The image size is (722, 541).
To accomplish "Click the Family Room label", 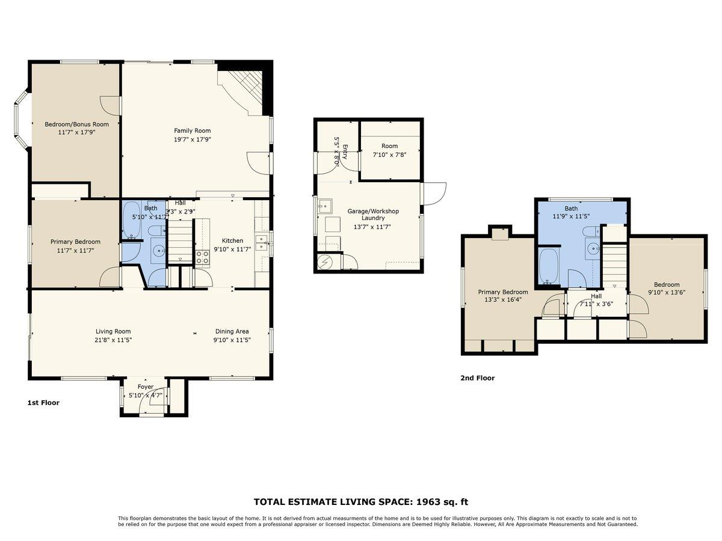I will coord(193,130).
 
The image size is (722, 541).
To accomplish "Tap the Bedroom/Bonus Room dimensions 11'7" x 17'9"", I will coord(77,132).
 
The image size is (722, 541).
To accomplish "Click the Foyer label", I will coord(146,387).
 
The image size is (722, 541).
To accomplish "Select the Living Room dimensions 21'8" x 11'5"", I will coord(113,340).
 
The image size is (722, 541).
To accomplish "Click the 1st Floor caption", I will coord(43,403).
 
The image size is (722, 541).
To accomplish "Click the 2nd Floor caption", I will coord(477,378).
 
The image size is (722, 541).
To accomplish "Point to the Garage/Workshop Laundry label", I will coord(373,215).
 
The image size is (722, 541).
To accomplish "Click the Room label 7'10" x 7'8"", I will coord(389,146).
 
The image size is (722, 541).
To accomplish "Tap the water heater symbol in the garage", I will coord(325,262).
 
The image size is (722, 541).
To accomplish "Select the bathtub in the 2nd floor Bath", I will coord(549,265).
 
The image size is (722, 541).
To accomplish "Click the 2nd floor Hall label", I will coord(596,296).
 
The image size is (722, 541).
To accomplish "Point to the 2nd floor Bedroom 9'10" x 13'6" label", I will coord(667,285).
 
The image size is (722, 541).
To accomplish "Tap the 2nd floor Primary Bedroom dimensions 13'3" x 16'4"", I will coord(503,299).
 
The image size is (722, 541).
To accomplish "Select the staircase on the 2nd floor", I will coord(614,262).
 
